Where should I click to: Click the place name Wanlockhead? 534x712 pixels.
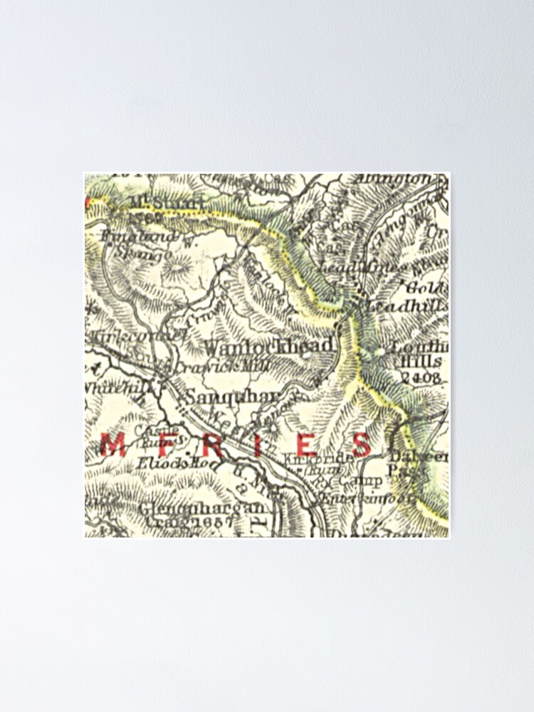(x=268, y=346)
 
